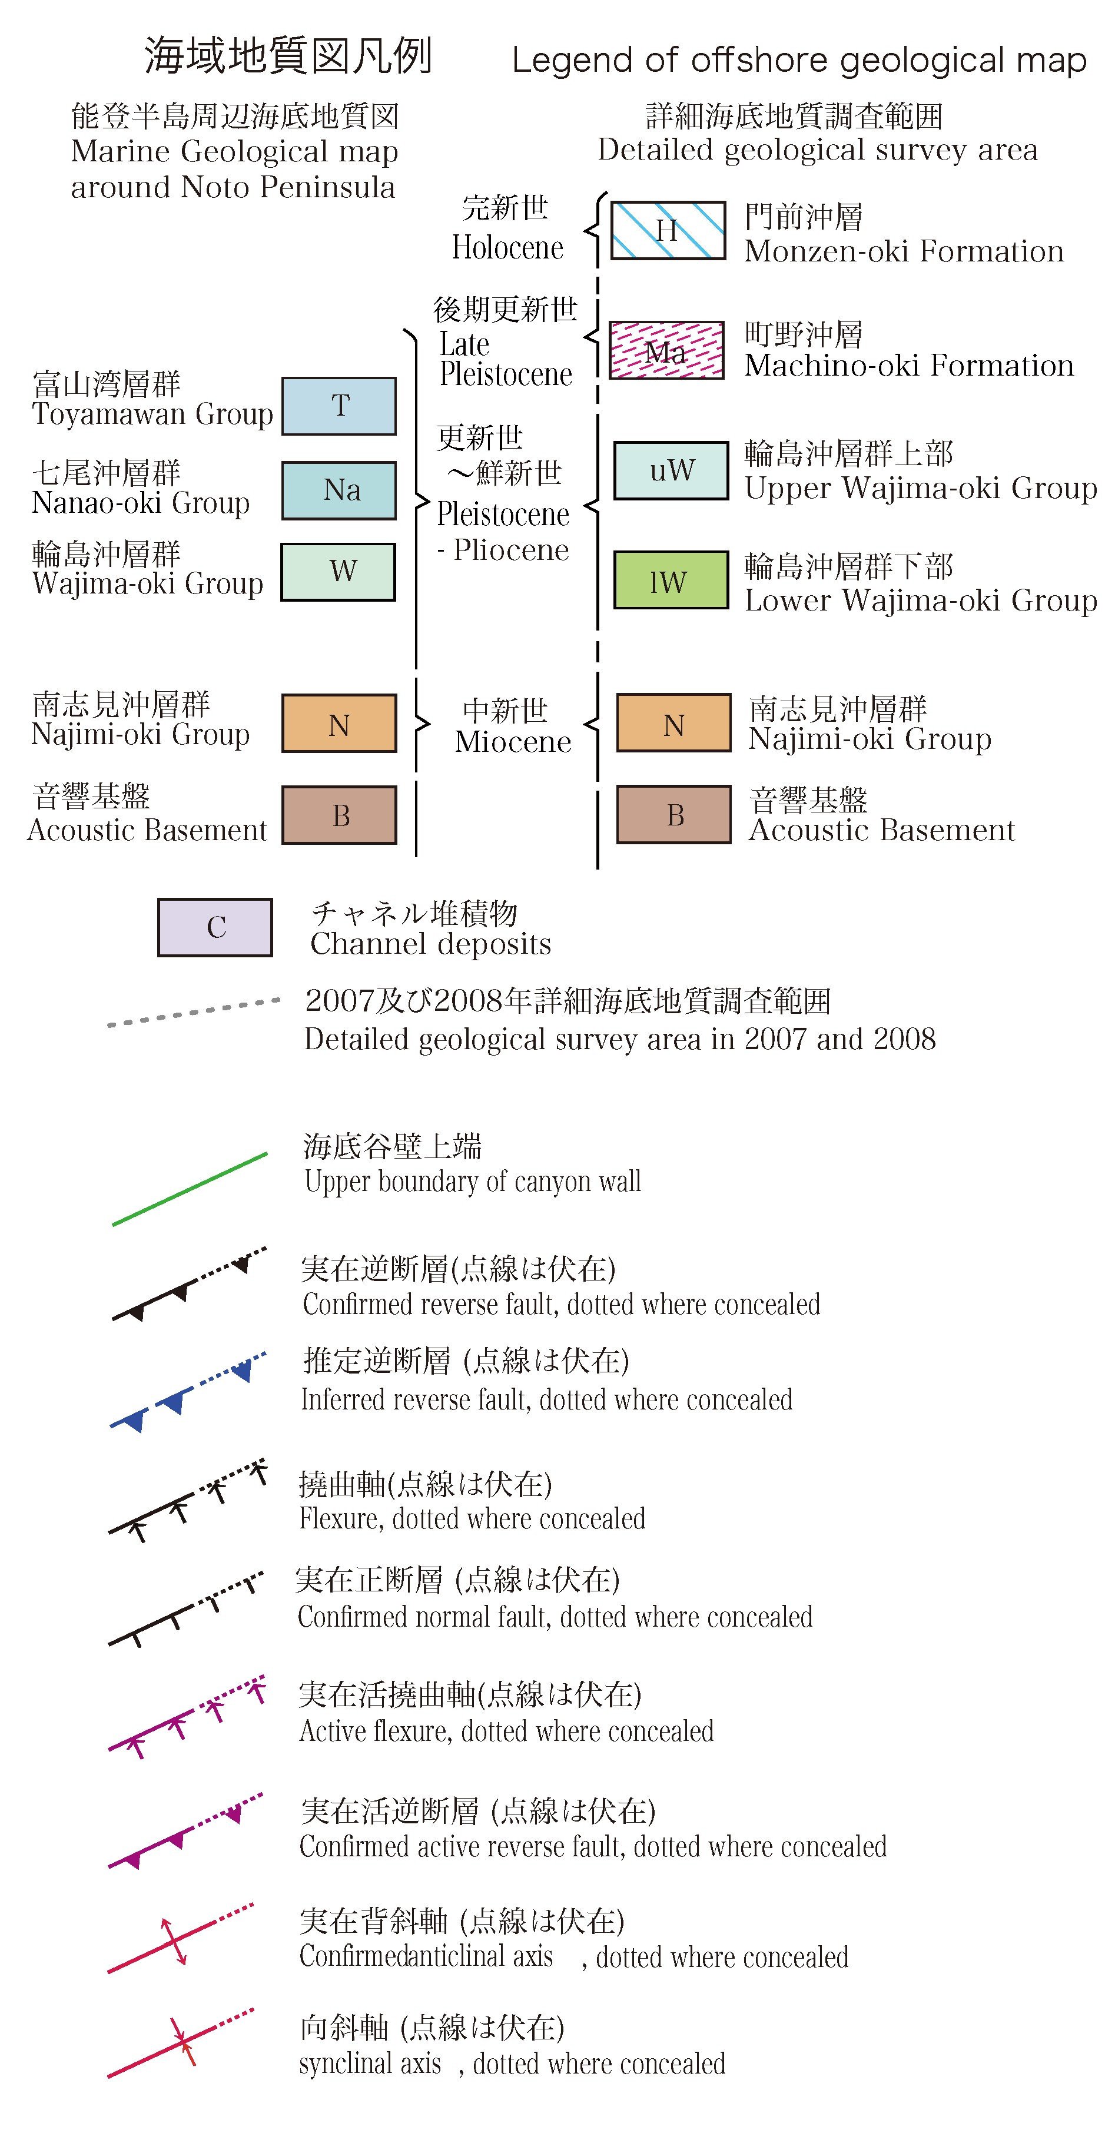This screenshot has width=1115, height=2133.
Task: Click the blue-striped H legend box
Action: pyautogui.click(x=667, y=230)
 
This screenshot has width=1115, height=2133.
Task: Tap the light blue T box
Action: pyautogui.click(x=339, y=406)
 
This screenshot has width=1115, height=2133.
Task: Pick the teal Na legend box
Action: pyautogui.click(x=339, y=490)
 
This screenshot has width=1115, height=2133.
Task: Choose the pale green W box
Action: pyautogui.click(x=338, y=571)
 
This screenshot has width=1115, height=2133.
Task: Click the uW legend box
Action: pyautogui.click(x=671, y=470)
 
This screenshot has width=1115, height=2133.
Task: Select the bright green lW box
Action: pyautogui.click(x=671, y=580)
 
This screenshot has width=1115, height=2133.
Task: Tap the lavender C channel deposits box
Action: pyautogui.click(x=215, y=927)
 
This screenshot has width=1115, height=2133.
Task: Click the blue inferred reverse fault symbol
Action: pyautogui.click(x=189, y=1392)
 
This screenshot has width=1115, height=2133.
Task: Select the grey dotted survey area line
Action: pyautogui.click(x=194, y=1012)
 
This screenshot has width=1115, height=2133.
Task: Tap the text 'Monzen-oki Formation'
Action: pyautogui.click(x=904, y=251)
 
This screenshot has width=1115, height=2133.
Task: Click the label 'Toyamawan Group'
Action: pyautogui.click(x=152, y=413)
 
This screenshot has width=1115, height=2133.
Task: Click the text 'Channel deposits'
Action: pyautogui.click(x=430, y=944)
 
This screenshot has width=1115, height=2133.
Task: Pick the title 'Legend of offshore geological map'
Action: pyautogui.click(x=799, y=61)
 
